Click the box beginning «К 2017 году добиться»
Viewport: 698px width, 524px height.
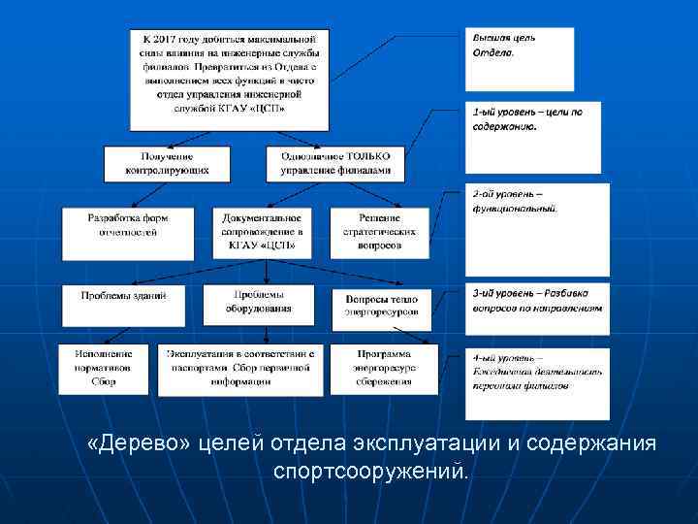(x=229, y=77)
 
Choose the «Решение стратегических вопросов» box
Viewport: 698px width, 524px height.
(x=385, y=232)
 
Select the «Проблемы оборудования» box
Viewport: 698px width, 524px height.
(x=258, y=304)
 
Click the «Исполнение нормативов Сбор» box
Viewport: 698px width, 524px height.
(x=104, y=369)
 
